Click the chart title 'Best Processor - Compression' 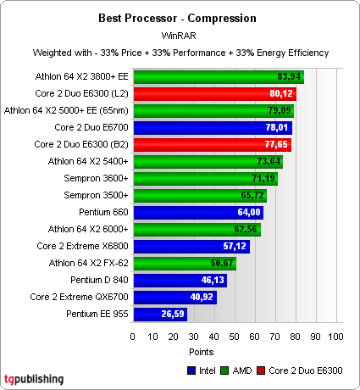(x=179, y=16)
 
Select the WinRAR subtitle (x=179, y=35)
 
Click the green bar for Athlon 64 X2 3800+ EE (x=218, y=77)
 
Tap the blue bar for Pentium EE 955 (x=159, y=314)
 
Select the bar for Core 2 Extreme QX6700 (x=174, y=298)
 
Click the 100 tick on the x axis (x=335, y=337)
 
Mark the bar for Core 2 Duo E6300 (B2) (x=211, y=144)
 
